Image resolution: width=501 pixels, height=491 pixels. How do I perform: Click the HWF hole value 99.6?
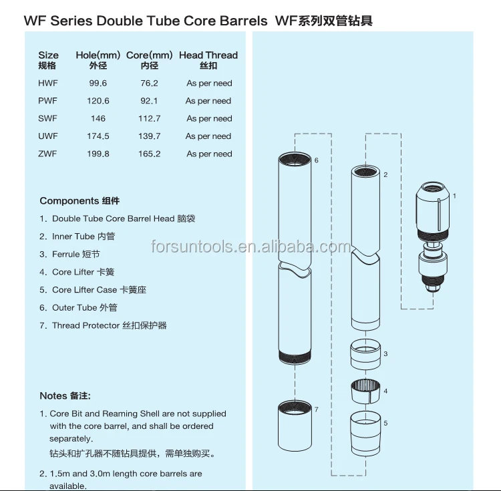coord(98,84)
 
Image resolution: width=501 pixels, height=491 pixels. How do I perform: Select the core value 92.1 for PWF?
coord(149,101)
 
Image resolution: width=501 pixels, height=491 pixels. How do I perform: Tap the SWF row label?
coord(48,118)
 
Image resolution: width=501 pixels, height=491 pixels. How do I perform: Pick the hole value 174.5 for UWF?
coord(98,136)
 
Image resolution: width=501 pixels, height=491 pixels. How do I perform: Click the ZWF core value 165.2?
coord(149,154)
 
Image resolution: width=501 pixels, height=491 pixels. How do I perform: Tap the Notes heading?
coord(65,395)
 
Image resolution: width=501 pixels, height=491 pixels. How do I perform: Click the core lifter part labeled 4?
coord(365,391)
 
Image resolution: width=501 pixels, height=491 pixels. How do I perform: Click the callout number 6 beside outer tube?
coord(316,160)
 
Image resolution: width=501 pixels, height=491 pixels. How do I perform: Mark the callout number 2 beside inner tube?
coord(385,174)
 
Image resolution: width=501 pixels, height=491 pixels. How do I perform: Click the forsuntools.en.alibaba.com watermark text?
coord(250,247)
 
